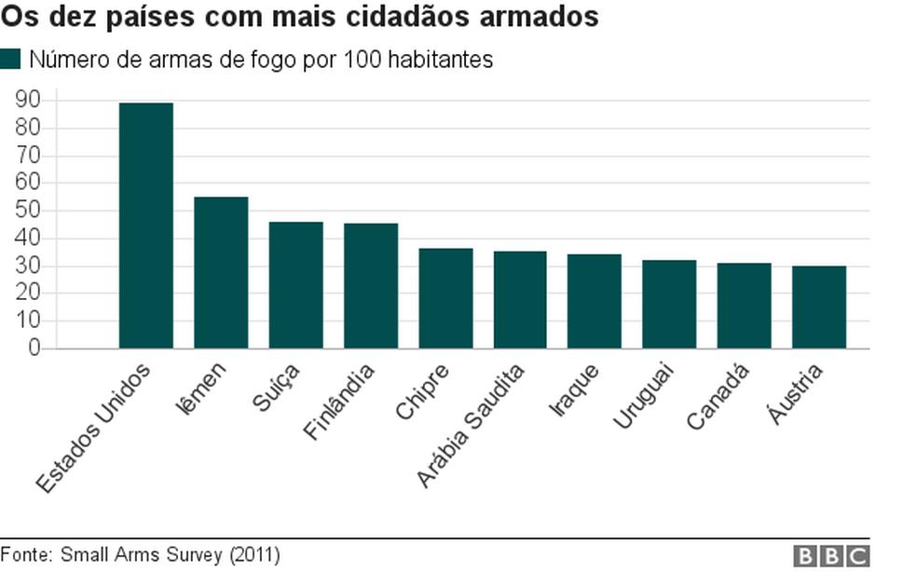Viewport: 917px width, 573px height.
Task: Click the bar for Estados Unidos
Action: coord(146,225)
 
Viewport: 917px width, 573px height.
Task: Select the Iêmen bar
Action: coord(221,272)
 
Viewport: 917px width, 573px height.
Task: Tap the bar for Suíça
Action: coord(295,285)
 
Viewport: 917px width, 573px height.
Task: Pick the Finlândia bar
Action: coord(370,286)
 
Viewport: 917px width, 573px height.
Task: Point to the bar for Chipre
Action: coord(445,298)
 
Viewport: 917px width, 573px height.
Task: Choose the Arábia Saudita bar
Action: coord(520,300)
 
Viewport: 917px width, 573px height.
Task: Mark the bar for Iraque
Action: coord(595,301)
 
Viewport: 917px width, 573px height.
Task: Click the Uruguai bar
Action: coord(669,304)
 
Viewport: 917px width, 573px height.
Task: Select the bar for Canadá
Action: coord(744,306)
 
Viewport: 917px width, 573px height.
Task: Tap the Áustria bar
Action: coord(819,307)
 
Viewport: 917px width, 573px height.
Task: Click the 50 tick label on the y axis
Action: coord(28,211)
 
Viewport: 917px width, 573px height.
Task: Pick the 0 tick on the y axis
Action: coord(34,348)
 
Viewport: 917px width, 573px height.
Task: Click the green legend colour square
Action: coord(10,61)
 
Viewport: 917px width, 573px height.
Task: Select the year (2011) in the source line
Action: coord(253,555)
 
